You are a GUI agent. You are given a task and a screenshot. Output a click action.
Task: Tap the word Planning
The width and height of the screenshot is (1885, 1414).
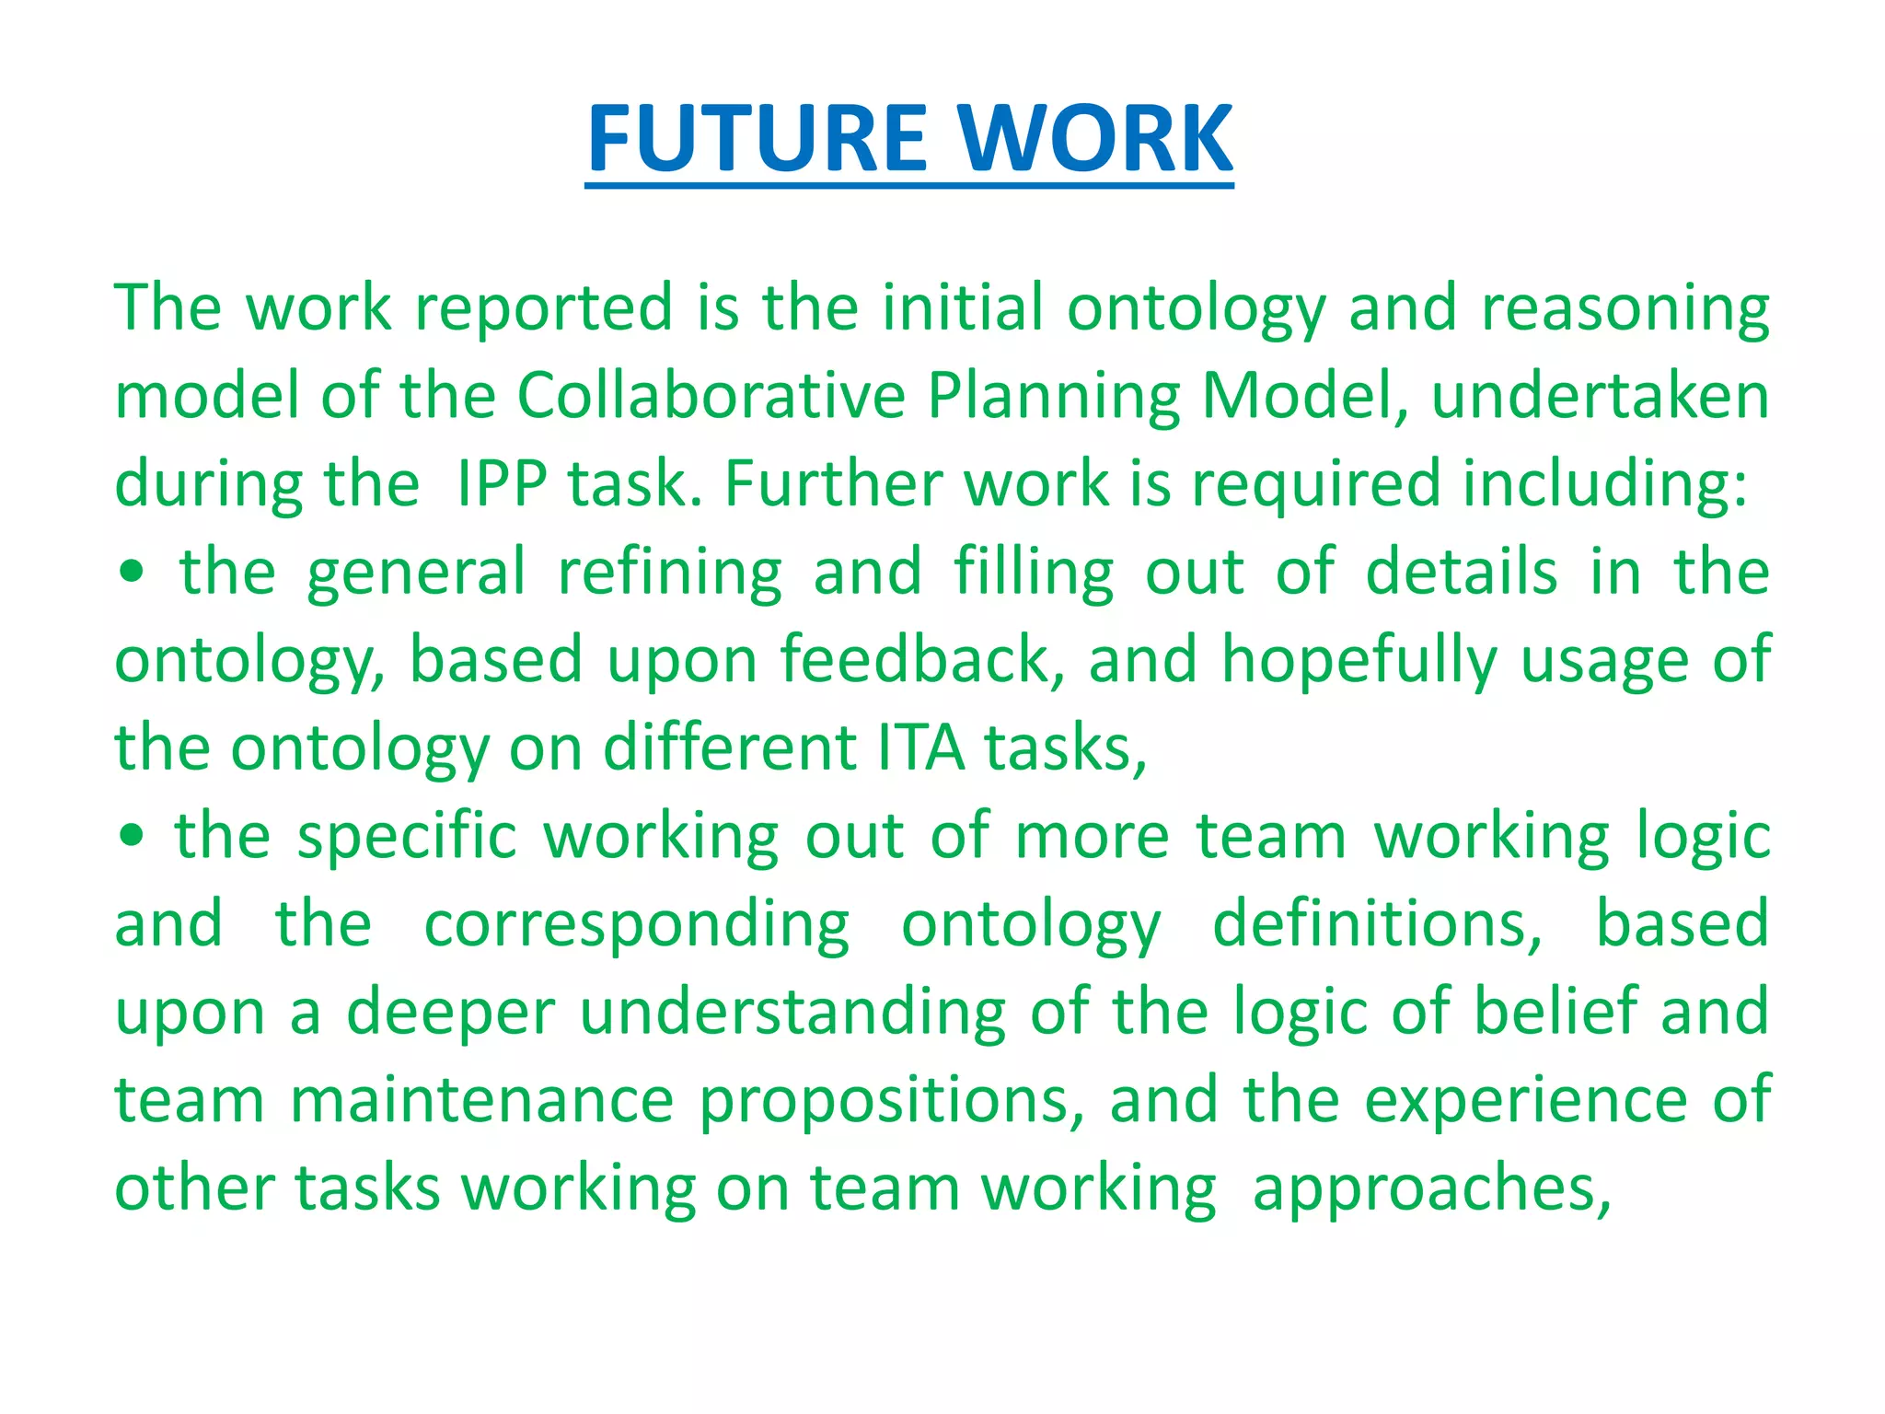point(1053,398)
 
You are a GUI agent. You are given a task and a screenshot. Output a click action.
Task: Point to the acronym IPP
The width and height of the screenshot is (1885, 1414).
point(502,484)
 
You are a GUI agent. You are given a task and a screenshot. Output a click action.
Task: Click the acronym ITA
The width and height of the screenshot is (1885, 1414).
point(920,748)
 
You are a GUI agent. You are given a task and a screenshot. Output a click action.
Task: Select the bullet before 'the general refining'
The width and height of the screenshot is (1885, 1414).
point(132,573)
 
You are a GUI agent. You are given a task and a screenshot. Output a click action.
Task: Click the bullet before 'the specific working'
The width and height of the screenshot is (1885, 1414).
point(132,836)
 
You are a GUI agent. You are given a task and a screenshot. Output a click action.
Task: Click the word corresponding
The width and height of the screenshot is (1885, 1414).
point(637,925)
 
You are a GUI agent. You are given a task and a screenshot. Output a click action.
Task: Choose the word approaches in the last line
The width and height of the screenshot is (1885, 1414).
point(1431,1189)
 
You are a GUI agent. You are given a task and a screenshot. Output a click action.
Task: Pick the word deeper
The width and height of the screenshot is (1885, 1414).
point(451,1014)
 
